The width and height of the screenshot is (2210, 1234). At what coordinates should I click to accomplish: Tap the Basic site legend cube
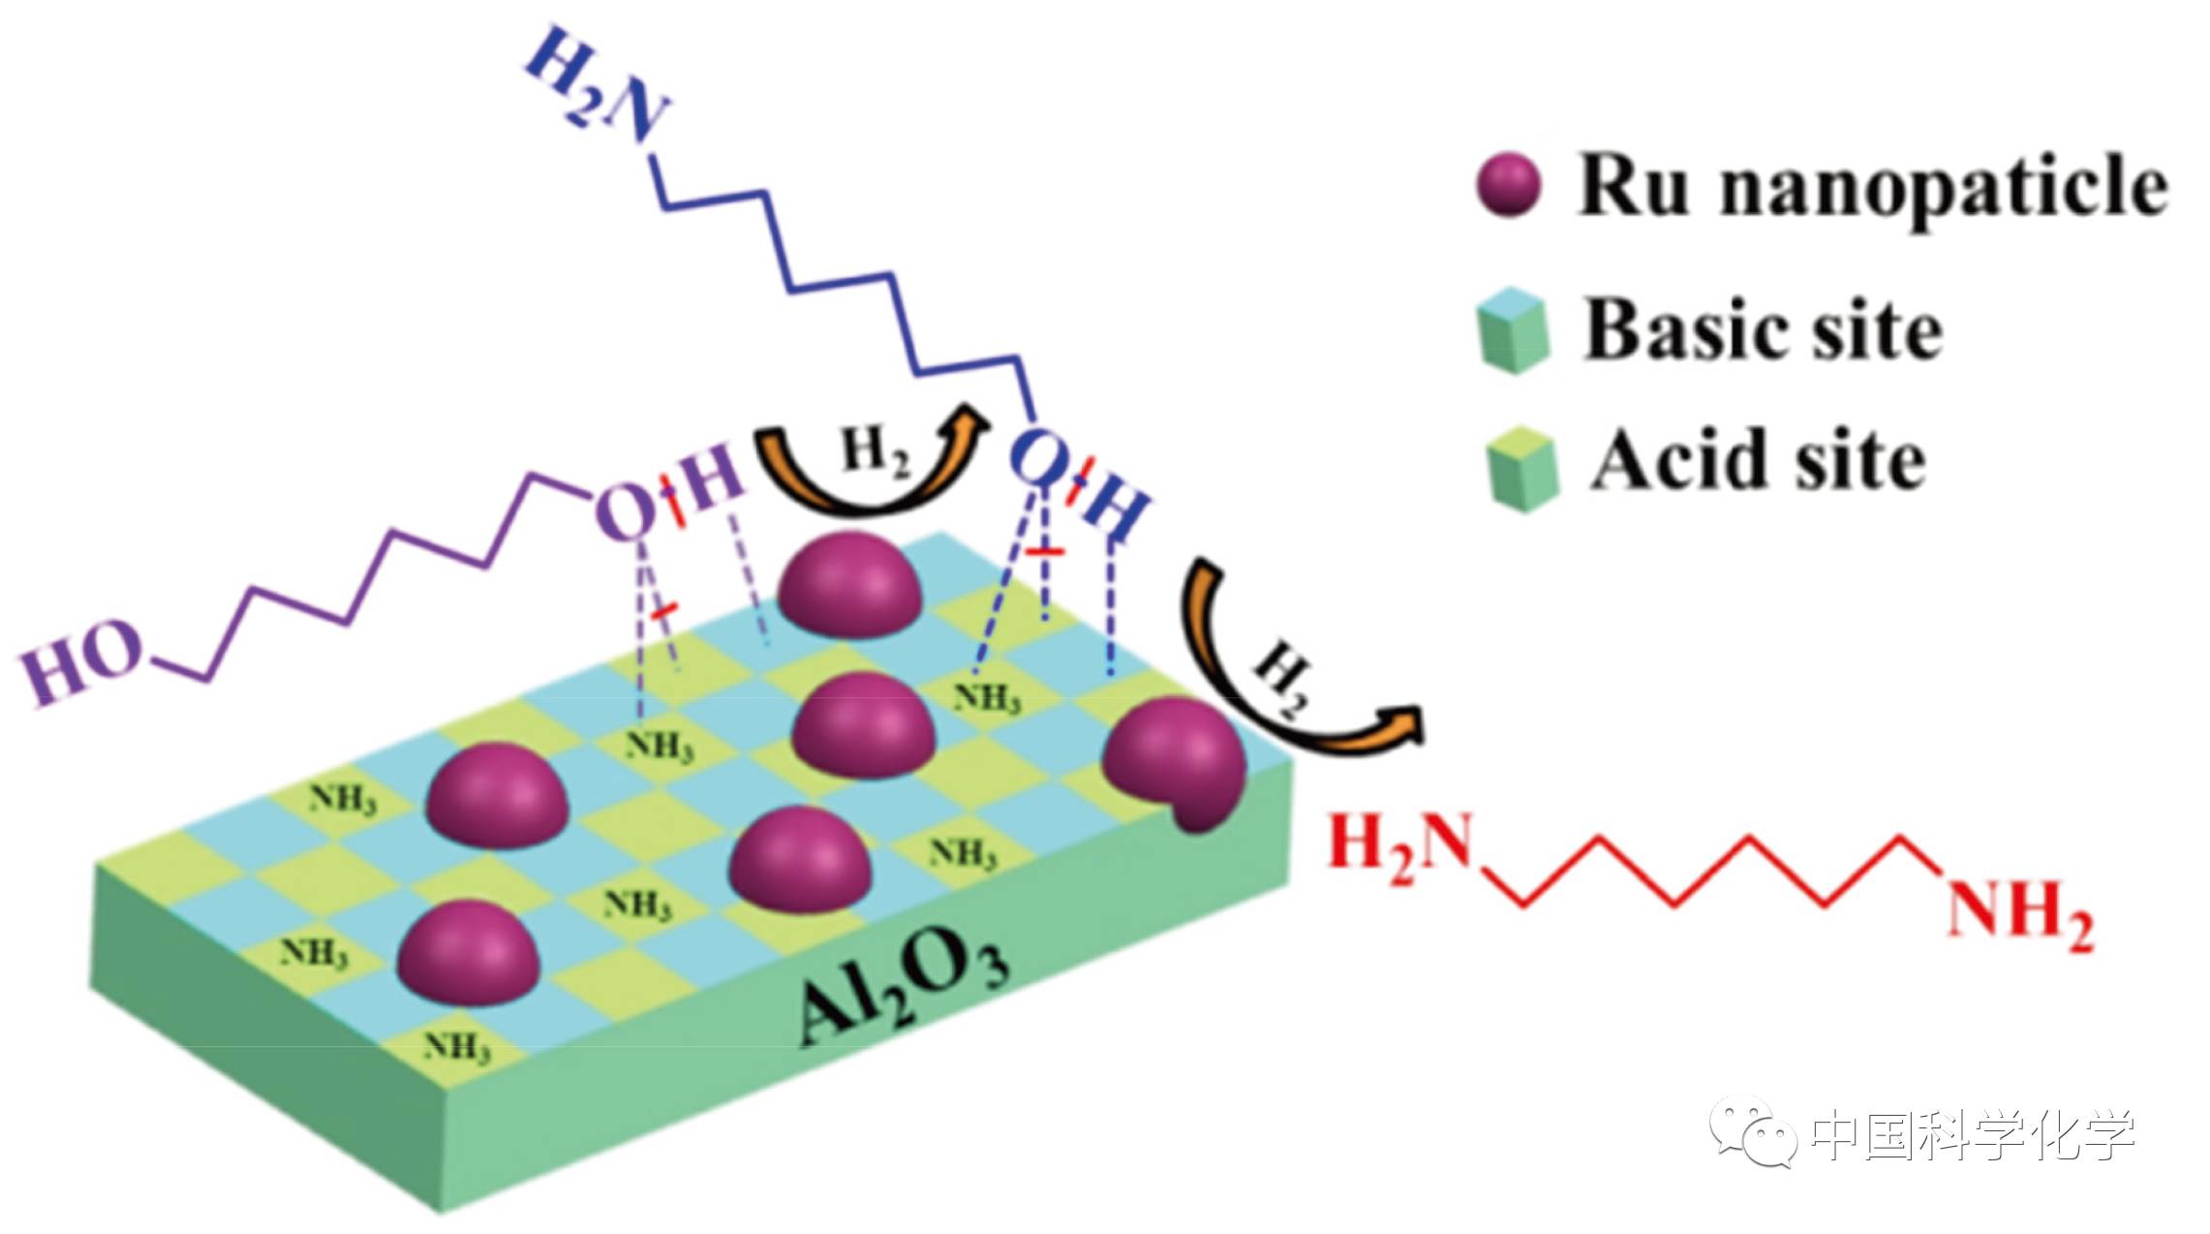coord(1513,331)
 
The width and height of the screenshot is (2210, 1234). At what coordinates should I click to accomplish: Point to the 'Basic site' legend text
coord(1763,329)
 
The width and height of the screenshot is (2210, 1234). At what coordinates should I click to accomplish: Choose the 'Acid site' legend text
coord(1758,461)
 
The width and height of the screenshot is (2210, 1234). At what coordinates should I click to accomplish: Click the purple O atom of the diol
coord(625,510)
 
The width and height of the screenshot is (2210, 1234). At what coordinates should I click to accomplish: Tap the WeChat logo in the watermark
coord(1753,1131)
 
